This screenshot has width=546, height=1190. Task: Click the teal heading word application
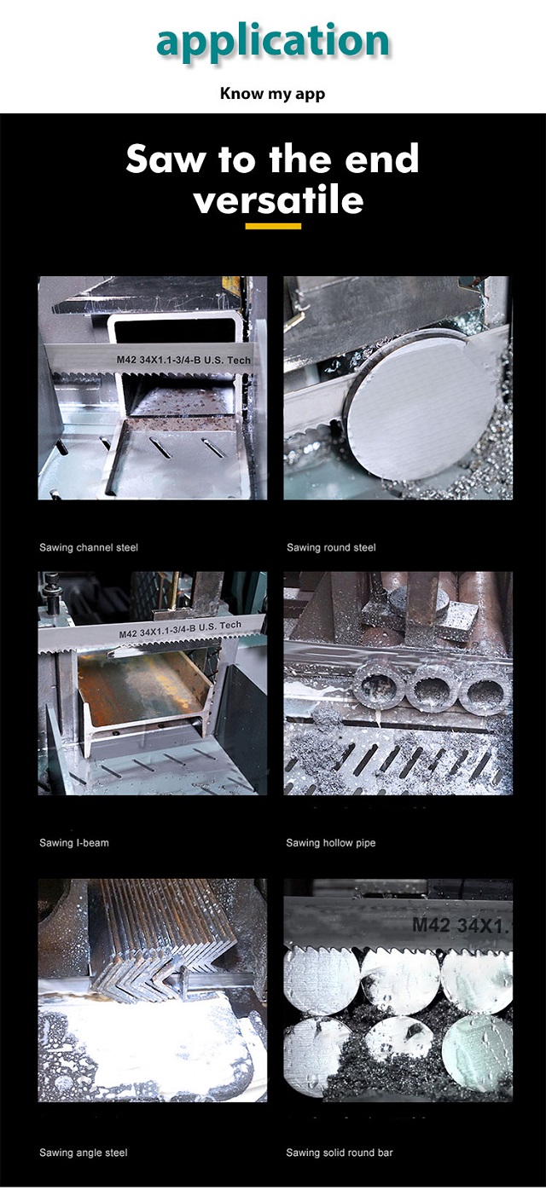(272, 41)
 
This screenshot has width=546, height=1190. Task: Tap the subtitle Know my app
(272, 94)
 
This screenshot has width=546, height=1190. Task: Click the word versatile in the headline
(278, 199)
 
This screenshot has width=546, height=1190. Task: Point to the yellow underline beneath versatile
(273, 227)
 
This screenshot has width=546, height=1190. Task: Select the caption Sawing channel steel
(89, 547)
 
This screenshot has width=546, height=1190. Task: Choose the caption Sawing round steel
(331, 547)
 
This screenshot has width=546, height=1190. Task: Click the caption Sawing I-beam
(74, 843)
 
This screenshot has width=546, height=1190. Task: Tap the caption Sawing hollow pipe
(331, 843)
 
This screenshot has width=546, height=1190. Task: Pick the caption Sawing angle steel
(84, 1152)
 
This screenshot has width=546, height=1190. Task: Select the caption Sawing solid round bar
(340, 1152)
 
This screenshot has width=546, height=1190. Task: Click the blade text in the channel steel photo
(183, 360)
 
